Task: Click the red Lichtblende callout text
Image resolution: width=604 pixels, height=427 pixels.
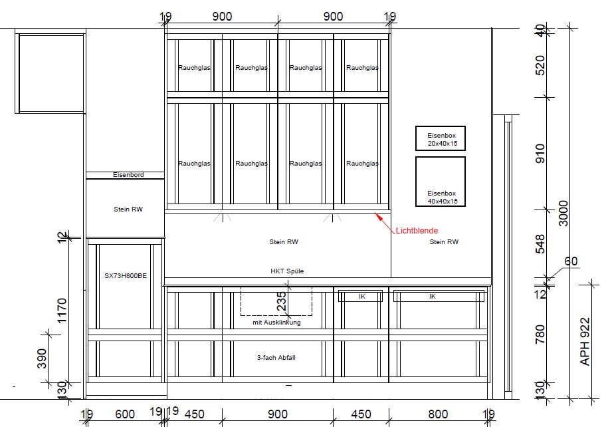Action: tap(417, 231)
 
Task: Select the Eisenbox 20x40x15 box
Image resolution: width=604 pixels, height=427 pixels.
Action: tap(441, 138)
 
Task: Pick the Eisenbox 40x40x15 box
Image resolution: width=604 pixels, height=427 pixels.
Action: tap(441, 182)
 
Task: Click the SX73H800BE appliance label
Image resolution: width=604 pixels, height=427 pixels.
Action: tap(126, 276)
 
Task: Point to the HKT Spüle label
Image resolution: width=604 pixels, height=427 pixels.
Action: tap(287, 271)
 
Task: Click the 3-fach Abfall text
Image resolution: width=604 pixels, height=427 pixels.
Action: tap(276, 358)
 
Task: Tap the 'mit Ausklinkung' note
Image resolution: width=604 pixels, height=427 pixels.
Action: tap(276, 323)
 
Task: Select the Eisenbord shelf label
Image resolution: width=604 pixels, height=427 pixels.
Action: tap(128, 175)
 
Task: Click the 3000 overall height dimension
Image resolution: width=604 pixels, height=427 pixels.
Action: tap(563, 213)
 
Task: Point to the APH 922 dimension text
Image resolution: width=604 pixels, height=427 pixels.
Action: tap(585, 341)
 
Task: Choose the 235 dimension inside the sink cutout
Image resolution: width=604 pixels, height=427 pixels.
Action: tap(282, 301)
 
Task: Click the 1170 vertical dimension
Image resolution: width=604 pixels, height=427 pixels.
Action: tap(62, 311)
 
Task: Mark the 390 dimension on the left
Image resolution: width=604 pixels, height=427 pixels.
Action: tap(42, 358)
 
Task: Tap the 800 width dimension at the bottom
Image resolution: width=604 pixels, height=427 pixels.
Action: tap(438, 414)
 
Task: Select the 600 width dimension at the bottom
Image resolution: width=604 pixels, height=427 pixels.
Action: tap(125, 414)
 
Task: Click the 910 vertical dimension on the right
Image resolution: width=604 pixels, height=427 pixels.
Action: tap(540, 154)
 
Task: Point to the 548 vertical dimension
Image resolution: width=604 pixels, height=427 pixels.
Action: tap(540, 244)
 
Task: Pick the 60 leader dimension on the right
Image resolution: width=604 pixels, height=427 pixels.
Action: tap(571, 261)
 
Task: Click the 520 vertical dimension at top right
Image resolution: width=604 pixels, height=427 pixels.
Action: tap(540, 66)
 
